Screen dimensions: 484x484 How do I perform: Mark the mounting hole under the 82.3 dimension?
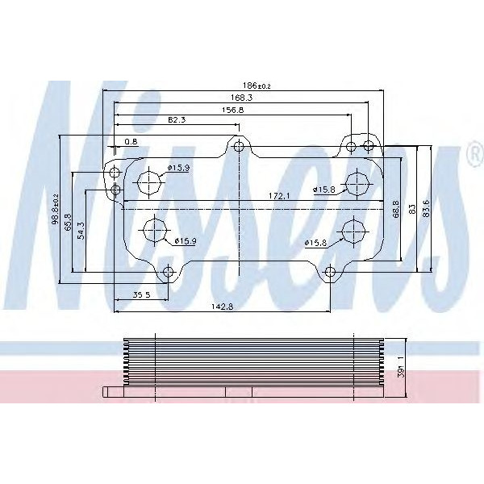pyautogui.click(x=238, y=146)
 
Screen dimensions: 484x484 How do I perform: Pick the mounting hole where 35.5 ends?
pyautogui.click(x=168, y=272)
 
